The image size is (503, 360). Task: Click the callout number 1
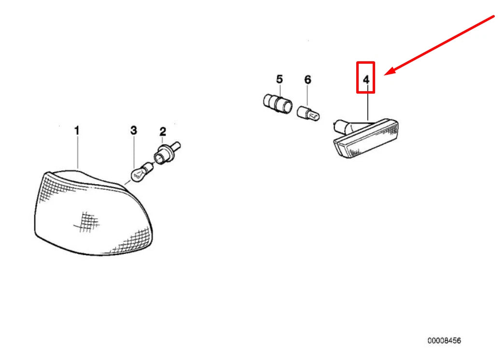(77, 130)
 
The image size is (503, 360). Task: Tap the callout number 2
(163, 131)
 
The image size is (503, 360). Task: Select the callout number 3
(134, 130)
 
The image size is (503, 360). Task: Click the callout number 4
(366, 80)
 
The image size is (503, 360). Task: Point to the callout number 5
(279, 79)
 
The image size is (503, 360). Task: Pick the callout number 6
(307, 79)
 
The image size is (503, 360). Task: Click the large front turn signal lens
(92, 212)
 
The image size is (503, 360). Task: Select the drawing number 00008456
(444, 341)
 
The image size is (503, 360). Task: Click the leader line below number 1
(78, 152)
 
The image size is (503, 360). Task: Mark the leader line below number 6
(308, 97)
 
